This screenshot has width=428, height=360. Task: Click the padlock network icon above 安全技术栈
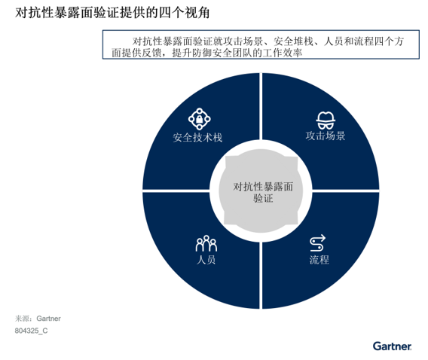click(x=199, y=119)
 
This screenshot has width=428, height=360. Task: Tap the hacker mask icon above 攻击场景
click(x=326, y=120)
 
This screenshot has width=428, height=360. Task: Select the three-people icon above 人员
click(x=206, y=243)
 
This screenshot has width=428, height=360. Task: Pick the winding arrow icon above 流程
click(x=318, y=243)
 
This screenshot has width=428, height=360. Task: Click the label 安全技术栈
click(x=197, y=138)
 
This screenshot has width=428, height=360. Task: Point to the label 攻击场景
click(x=326, y=136)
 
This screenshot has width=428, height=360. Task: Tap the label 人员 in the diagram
click(x=206, y=259)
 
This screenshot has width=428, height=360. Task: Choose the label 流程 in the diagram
click(x=319, y=260)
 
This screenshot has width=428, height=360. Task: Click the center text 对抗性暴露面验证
click(x=263, y=192)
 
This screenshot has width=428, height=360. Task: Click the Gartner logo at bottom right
click(x=393, y=346)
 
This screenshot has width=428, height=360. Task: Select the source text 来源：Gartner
click(x=38, y=319)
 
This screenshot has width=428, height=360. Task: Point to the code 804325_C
click(x=31, y=331)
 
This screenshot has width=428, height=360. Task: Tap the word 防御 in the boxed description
click(x=202, y=53)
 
